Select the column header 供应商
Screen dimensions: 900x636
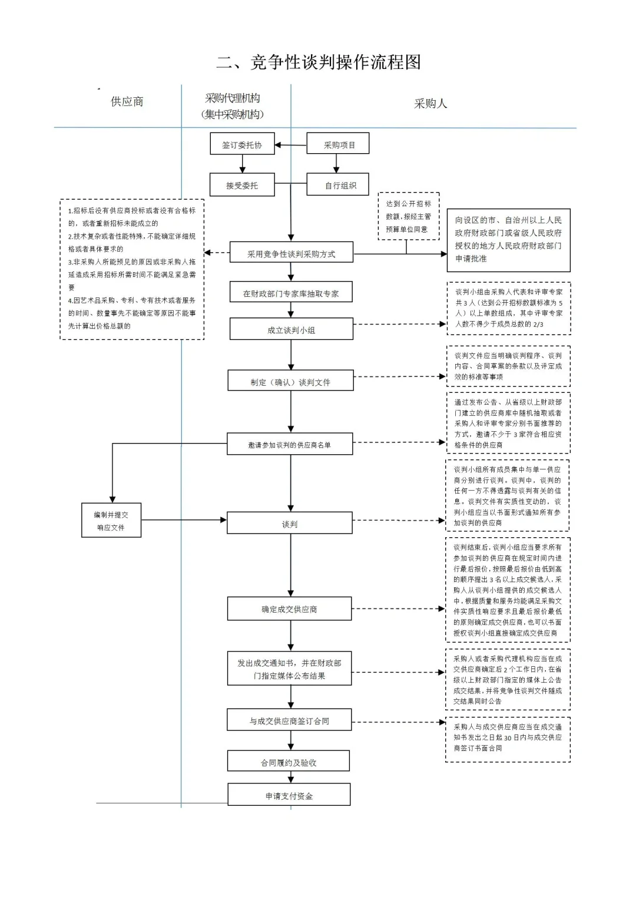[x=127, y=102]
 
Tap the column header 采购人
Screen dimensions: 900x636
[x=430, y=104]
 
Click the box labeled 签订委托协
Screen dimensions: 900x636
[x=242, y=144]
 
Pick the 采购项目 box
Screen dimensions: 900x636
[x=338, y=144]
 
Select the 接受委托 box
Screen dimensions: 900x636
[x=242, y=185]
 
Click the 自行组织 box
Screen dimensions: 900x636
[x=338, y=185]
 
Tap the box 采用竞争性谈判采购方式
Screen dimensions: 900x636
[x=291, y=254]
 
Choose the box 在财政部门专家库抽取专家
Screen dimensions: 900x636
[x=291, y=293]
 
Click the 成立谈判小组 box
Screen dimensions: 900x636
[x=291, y=330]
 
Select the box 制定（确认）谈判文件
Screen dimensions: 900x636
[x=290, y=382]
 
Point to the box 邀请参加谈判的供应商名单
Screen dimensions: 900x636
[x=290, y=445]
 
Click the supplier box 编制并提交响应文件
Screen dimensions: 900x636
[x=111, y=521]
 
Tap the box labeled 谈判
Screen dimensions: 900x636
[x=290, y=524]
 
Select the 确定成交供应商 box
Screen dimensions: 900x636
[x=290, y=609]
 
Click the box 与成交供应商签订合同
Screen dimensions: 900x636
[x=289, y=720]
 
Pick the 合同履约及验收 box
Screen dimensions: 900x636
[x=289, y=762]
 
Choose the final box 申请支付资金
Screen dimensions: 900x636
[x=289, y=796]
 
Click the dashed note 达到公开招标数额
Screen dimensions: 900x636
[x=408, y=216]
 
